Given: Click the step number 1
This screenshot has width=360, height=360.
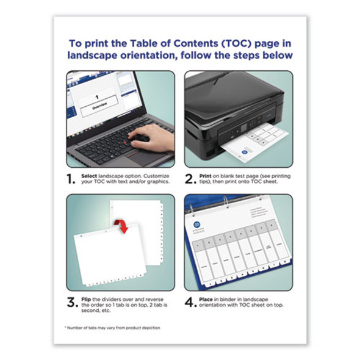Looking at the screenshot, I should pyautogui.click(x=71, y=179).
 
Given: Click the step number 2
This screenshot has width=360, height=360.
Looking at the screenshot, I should pyautogui.click(x=190, y=179).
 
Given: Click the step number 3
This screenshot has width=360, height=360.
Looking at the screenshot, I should pyautogui.click(x=71, y=303).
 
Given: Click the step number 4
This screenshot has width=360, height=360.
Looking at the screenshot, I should pyautogui.click(x=190, y=303).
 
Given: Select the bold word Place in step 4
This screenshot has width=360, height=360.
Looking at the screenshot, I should pyautogui.click(x=207, y=298).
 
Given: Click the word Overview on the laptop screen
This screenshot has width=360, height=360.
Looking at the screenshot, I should pyautogui.click(x=99, y=105).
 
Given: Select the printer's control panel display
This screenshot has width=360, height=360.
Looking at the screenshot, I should pyautogui.click(x=242, y=129).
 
